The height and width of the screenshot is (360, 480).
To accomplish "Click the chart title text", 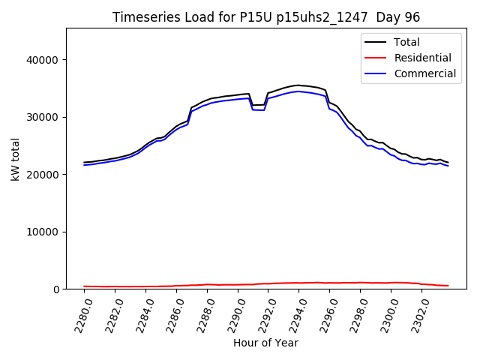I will [266, 17].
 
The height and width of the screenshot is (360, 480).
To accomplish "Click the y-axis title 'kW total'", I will [15, 158].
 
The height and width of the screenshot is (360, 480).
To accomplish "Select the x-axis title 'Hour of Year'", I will [265, 343].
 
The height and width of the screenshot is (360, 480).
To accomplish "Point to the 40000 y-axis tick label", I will [43, 60].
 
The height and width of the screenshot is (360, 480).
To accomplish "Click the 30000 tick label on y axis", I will [43, 117].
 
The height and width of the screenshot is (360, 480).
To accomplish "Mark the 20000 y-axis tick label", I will [43, 175].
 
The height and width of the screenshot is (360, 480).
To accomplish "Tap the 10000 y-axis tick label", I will [43, 232].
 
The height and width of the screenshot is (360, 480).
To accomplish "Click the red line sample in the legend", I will [376, 58].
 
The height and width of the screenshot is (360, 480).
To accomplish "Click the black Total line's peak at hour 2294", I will [298, 85].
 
